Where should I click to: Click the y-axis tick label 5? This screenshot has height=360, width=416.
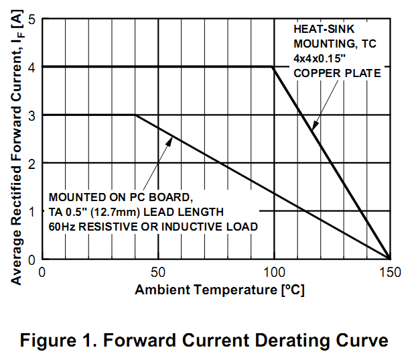[31, 19]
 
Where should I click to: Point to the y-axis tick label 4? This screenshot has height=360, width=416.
[31, 67]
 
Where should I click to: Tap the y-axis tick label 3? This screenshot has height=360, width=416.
[31, 115]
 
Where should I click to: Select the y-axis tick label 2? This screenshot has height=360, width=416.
[31, 163]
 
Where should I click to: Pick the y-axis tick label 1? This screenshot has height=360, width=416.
[31, 211]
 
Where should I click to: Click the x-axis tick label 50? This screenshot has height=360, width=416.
[157, 272]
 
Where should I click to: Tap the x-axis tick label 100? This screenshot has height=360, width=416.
[273, 272]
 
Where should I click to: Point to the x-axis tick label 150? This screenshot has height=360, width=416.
[389, 272]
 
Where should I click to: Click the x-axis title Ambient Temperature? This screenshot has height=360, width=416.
[220, 290]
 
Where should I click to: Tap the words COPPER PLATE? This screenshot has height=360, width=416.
[337, 73]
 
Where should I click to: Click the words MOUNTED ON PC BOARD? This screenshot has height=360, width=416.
[120, 198]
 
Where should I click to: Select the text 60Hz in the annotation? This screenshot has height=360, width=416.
[62, 227]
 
